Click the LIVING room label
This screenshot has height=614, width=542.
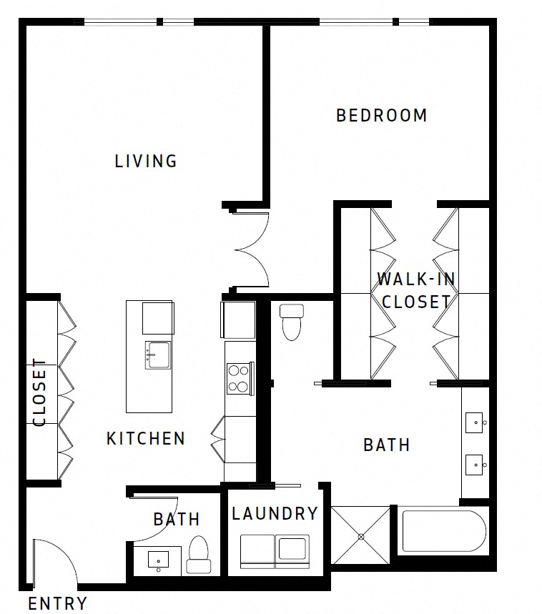point(146,161)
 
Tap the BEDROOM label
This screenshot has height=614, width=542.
point(382,115)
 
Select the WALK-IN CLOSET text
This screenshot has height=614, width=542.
point(416,290)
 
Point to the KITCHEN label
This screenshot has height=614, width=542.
point(146,438)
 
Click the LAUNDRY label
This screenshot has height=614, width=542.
point(275,513)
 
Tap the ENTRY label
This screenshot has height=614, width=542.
point(58,603)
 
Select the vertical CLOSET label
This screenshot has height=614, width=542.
point(40,392)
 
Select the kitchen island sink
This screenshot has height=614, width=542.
point(158,355)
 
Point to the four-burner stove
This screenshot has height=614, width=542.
point(239,378)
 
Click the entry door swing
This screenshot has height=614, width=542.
point(56,561)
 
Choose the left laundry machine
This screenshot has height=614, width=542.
point(257,550)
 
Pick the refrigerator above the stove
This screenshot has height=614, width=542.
point(239,320)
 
